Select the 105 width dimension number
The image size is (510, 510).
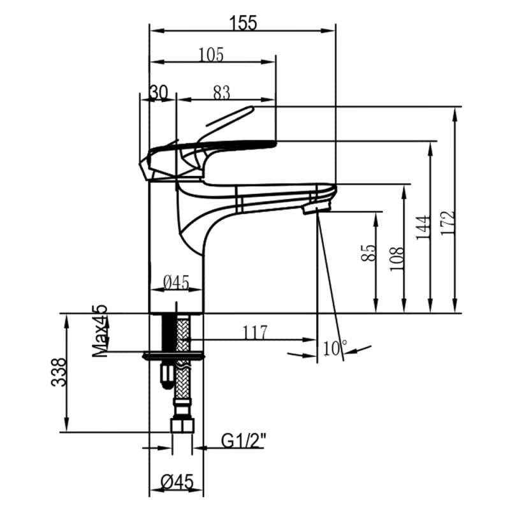(x=210, y=55)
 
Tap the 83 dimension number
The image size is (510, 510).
(x=221, y=93)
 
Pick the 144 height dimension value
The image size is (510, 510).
(x=423, y=228)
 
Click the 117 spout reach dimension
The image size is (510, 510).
(x=254, y=332)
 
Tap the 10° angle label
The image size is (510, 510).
(x=335, y=348)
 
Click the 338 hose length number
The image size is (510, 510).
(x=59, y=372)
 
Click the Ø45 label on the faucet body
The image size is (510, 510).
(x=176, y=282)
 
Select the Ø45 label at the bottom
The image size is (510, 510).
(x=176, y=483)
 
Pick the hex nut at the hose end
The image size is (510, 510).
(x=182, y=426)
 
